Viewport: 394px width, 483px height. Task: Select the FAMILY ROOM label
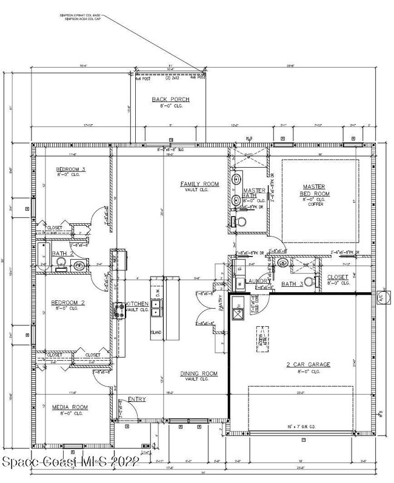click(199, 183)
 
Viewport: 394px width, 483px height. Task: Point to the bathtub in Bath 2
click(42, 256)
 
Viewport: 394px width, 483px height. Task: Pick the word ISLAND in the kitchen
click(156, 332)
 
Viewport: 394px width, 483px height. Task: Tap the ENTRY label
click(136, 399)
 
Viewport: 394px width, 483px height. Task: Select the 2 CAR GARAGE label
click(308, 364)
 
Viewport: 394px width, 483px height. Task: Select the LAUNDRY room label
click(258, 281)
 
